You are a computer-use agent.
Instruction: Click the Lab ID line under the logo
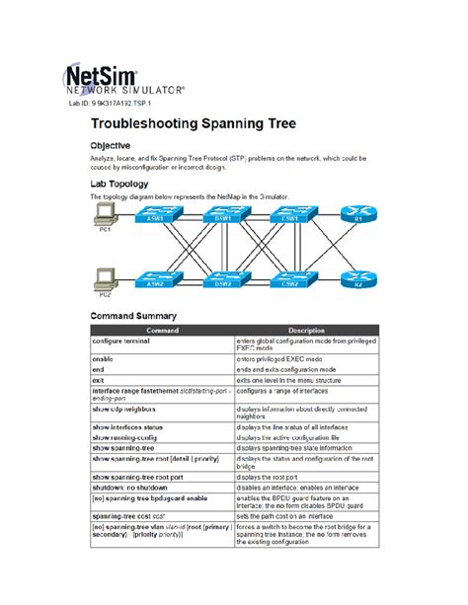pyautogui.click(x=111, y=102)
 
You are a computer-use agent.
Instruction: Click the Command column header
pyautogui.click(x=162, y=330)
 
